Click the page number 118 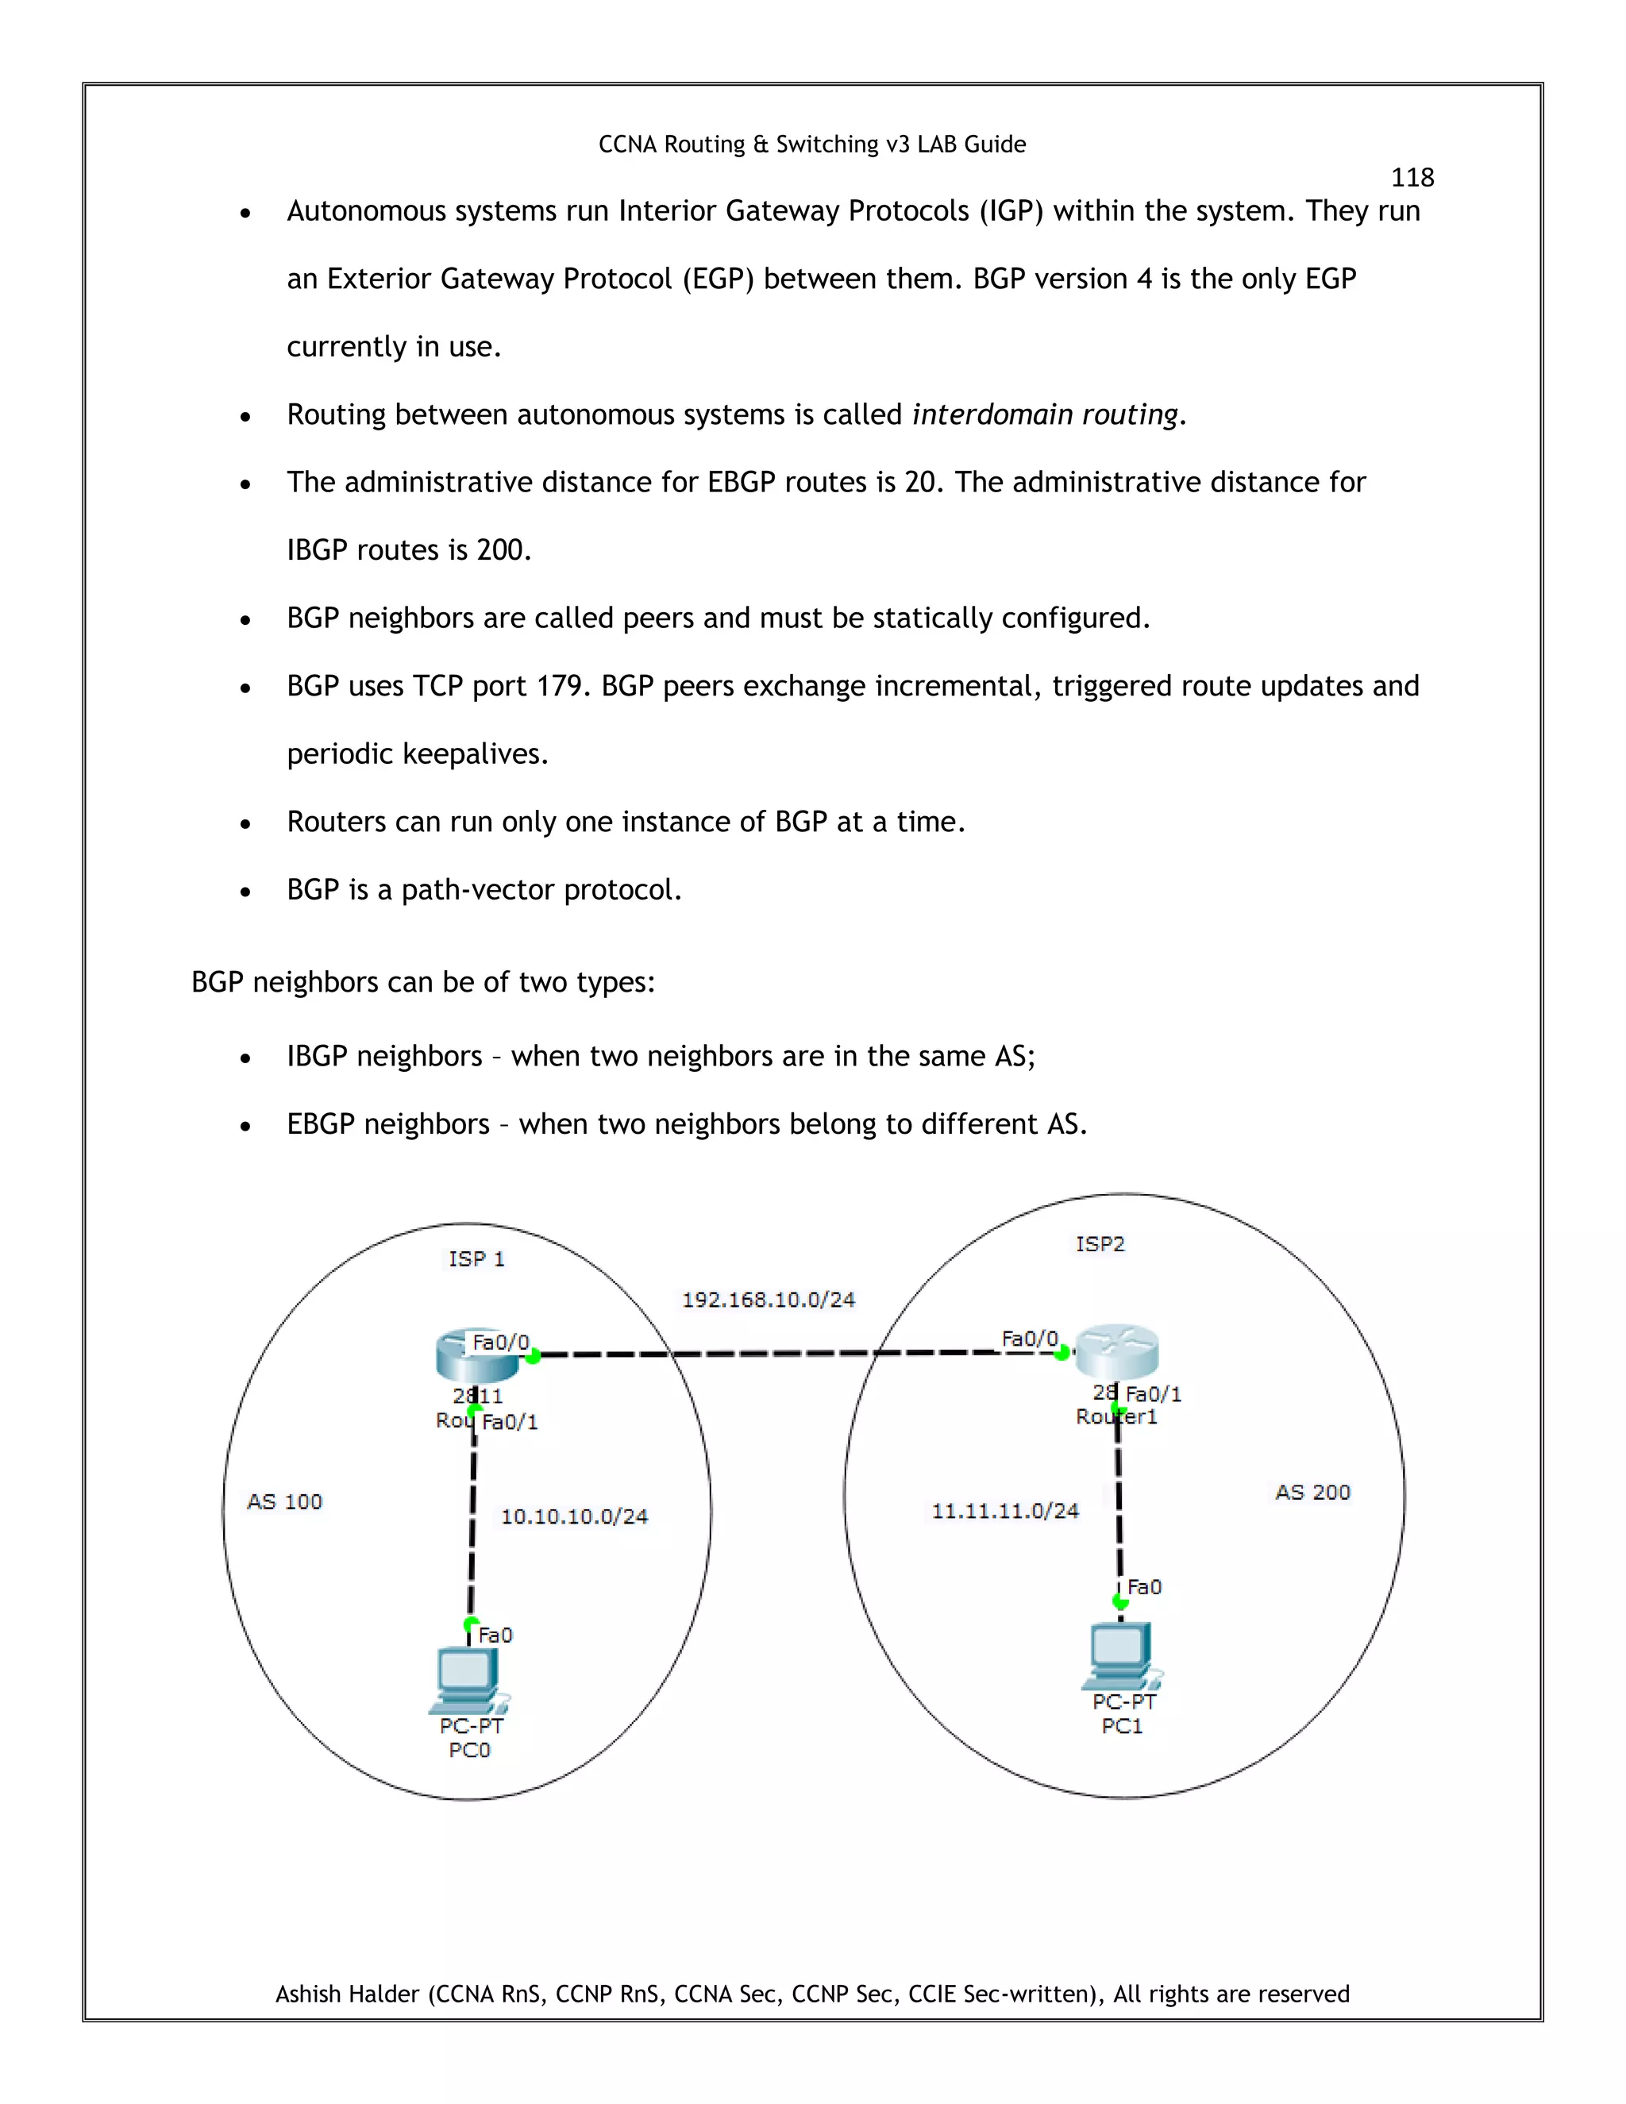coord(1412,177)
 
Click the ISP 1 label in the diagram coord(476,1258)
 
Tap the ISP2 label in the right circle coord(1100,1243)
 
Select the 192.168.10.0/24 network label coord(768,1300)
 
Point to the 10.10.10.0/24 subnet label coord(574,1516)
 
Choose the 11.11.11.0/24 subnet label coord(1004,1511)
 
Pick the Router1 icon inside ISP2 coord(1117,1351)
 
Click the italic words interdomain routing coord(1045,414)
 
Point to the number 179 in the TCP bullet coord(561,686)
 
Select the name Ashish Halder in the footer coord(348,1993)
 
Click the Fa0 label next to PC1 coord(1144,1586)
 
